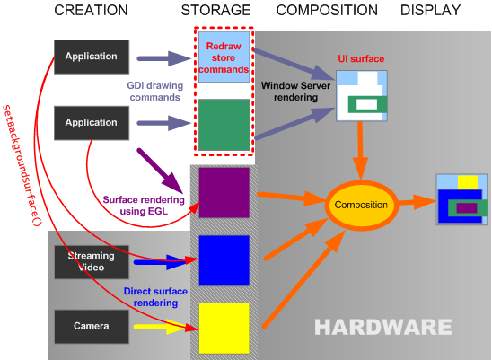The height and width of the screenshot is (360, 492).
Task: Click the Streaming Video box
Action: pyautogui.click(x=92, y=262)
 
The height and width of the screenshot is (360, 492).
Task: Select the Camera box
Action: pyautogui.click(x=92, y=327)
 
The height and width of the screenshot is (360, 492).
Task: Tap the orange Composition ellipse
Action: pyautogui.click(x=361, y=205)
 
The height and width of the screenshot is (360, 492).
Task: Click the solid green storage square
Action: pyautogui.click(x=224, y=125)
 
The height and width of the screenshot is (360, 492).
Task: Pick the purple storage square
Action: pyautogui.click(x=224, y=193)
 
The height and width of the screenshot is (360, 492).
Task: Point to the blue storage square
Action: pyautogui.click(x=224, y=260)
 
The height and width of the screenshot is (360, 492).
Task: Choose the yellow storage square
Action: pyautogui.click(x=224, y=329)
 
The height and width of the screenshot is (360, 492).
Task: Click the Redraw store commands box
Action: pyautogui.click(x=224, y=57)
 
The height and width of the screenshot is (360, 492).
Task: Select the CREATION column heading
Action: pyautogui.click(x=91, y=11)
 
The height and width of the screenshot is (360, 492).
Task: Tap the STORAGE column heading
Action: pyautogui.click(x=215, y=11)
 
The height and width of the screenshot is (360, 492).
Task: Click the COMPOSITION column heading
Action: pyautogui.click(x=327, y=11)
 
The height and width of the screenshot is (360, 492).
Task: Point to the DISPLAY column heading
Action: pyautogui.click(x=431, y=11)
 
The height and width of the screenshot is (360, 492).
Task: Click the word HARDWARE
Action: pyautogui.click(x=383, y=327)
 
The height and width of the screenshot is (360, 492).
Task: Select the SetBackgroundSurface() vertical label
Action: pyautogui.click(x=22, y=165)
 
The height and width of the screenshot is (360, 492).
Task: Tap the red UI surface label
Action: pyautogui.click(x=361, y=58)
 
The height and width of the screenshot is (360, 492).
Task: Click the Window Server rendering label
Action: pyautogui.click(x=295, y=92)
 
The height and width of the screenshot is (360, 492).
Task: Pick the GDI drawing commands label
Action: pyautogui.click(x=155, y=92)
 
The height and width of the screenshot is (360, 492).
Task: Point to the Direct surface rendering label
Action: pyautogui.click(x=155, y=297)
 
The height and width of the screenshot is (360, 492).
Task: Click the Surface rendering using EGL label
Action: pyautogui.click(x=144, y=206)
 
